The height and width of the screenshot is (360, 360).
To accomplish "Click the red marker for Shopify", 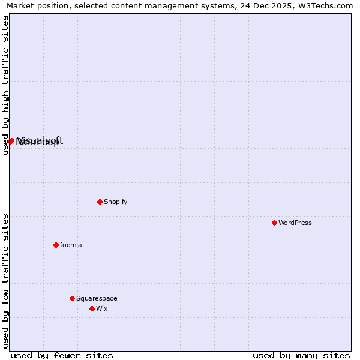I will click(x=100, y=202).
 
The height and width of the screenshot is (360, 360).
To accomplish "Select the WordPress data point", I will click(x=274, y=223).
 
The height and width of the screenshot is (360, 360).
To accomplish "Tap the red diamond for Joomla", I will click(x=56, y=245).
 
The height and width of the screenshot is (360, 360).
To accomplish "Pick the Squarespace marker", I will click(x=72, y=298).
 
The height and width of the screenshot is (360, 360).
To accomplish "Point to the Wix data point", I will click(x=92, y=308).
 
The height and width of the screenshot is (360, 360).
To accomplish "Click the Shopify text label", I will click(x=115, y=202).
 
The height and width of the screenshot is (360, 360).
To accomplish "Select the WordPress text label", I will click(x=295, y=223).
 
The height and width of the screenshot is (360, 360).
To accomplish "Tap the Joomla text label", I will click(x=71, y=245).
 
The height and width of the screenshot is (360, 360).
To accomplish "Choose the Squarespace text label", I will click(x=97, y=298).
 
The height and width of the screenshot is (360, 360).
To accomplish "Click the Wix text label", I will click(x=101, y=308).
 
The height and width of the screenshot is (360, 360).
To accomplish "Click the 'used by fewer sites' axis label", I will click(x=62, y=355).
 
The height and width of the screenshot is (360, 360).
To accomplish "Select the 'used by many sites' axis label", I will click(x=301, y=355).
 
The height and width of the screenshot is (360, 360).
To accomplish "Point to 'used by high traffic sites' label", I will click(x=5, y=85).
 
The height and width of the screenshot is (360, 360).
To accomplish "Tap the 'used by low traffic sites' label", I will click(x=5, y=281).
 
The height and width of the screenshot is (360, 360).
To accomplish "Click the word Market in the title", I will click(x=21, y=5).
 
